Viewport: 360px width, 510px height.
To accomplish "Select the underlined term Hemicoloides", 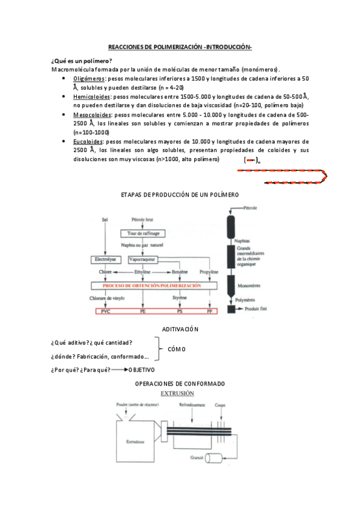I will pyautogui.click(x=91, y=96).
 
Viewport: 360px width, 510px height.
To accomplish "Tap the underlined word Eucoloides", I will pyautogui.click(x=88, y=141).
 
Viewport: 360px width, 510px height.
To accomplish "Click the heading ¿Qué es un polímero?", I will pyautogui.click(x=82, y=61).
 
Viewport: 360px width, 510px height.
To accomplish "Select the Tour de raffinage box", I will pyautogui.click(x=142, y=233).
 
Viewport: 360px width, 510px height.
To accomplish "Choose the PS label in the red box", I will pyautogui.click(x=179, y=312).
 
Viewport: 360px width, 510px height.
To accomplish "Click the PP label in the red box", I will pyautogui.click(x=210, y=312).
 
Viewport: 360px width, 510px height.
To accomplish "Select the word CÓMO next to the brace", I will pyautogui.click(x=176, y=349).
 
